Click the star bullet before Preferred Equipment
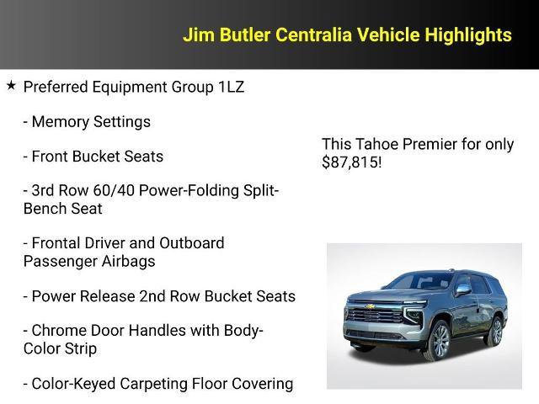(x=11, y=85)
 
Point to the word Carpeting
(x=166, y=384)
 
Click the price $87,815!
(x=352, y=162)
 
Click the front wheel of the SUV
(x=437, y=340)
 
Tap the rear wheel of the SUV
(x=496, y=329)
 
